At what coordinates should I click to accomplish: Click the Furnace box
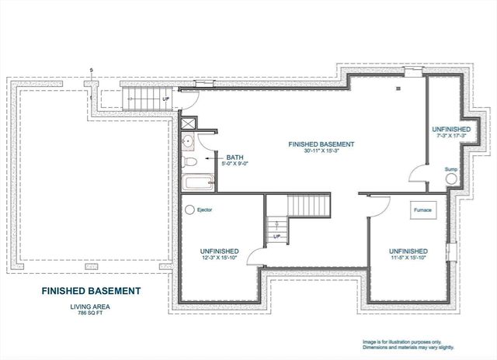click(x=422, y=209)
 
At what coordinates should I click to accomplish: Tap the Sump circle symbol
click(x=451, y=178)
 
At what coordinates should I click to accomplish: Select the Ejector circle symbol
click(x=189, y=209)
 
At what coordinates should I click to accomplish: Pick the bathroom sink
click(x=187, y=143)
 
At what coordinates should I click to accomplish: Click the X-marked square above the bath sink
click(x=188, y=123)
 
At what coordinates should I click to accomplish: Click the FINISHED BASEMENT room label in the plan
click(x=321, y=144)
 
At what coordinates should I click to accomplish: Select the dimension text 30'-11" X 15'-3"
click(x=321, y=152)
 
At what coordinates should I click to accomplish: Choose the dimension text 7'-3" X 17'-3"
click(x=451, y=136)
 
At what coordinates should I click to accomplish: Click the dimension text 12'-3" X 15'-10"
click(x=218, y=258)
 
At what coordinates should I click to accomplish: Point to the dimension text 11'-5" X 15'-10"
click(x=408, y=258)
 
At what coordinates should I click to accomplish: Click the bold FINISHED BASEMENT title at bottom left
click(x=91, y=292)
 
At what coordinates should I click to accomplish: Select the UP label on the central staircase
click(x=275, y=236)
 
